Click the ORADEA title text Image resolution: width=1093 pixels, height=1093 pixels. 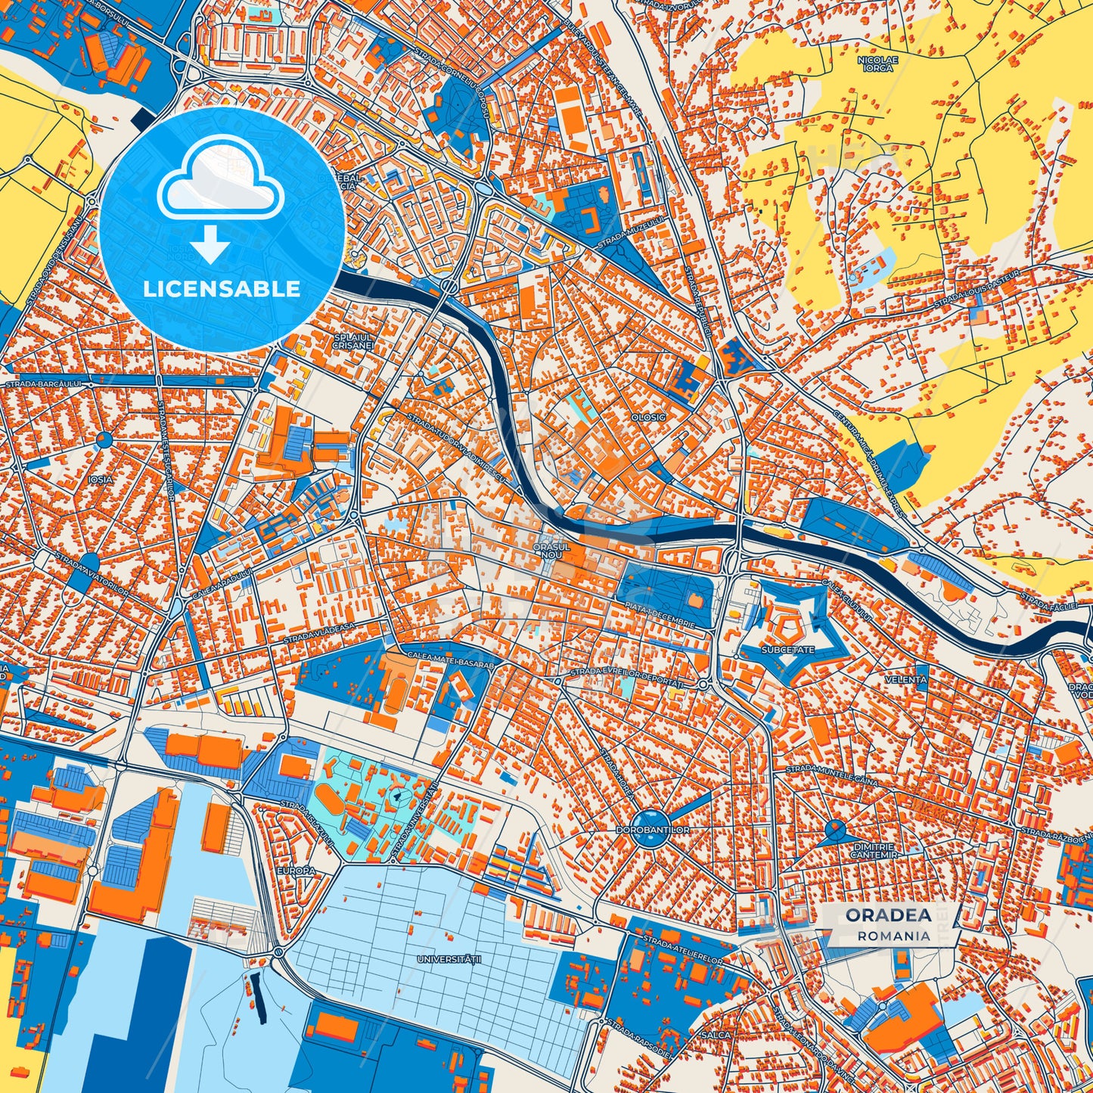pyautogui.click(x=888, y=915)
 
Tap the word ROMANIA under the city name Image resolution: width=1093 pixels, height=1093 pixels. pyautogui.click(x=894, y=936)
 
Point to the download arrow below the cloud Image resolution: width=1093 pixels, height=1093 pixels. pyautogui.click(x=211, y=244)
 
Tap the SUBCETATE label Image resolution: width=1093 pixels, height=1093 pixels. pyautogui.click(x=788, y=650)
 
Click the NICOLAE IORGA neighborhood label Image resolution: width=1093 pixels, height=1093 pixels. pyautogui.click(x=877, y=64)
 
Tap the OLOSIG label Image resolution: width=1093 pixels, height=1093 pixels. pyautogui.click(x=648, y=417)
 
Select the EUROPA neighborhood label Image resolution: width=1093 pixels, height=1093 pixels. pyautogui.click(x=296, y=871)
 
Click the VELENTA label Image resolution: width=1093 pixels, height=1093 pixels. pyautogui.click(x=905, y=679)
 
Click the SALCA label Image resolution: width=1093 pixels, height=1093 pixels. pyautogui.click(x=716, y=1035)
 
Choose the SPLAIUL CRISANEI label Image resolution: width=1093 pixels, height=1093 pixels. pyautogui.click(x=353, y=340)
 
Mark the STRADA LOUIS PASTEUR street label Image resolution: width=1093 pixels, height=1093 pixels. pyautogui.click(x=977, y=287)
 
